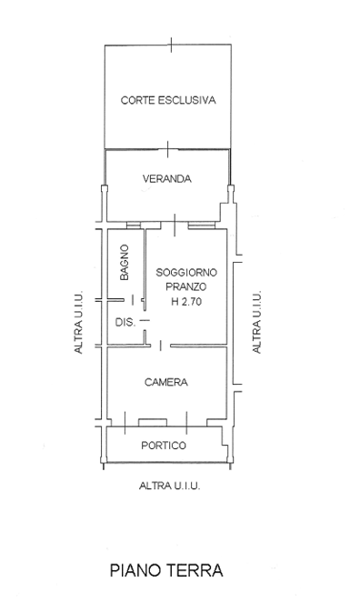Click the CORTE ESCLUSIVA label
(168, 100)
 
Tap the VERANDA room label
(167, 179)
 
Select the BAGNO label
(125, 262)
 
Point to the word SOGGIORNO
(186, 272)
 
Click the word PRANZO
(186, 286)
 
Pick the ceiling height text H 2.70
(186, 301)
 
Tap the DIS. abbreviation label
(125, 323)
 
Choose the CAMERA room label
(166, 382)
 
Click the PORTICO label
(164, 446)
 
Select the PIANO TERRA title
(166, 570)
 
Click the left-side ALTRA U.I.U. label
(79, 322)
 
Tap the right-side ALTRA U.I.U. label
(256, 322)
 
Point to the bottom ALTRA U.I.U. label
(170, 486)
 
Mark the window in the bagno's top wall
(134, 226)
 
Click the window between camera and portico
(153, 423)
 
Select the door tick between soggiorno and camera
(160, 345)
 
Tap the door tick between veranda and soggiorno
(175, 226)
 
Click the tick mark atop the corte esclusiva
(172, 45)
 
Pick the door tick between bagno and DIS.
(133, 300)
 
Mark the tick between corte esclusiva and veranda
(167, 149)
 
